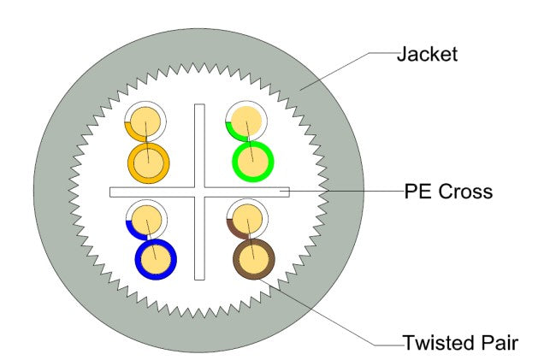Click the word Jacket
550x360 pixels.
pos(427,56)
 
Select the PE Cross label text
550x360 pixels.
pos(448,192)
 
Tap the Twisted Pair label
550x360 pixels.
pos(460,344)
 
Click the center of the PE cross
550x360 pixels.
pos(199,192)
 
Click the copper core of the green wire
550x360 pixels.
pos(254,160)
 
